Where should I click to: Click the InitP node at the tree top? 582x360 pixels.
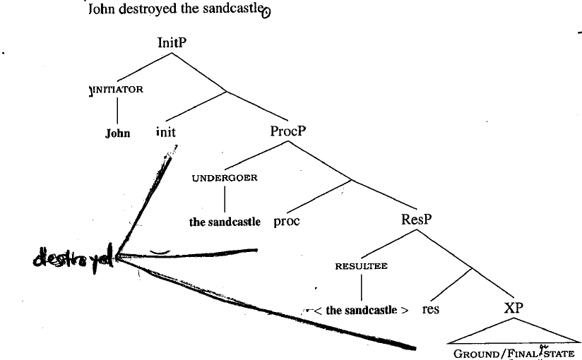click(172, 43)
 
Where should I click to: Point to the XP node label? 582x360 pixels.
click(513, 308)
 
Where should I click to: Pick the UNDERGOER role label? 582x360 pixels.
click(225, 178)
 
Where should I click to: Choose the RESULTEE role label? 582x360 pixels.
click(362, 267)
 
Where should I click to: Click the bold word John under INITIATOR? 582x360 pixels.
click(118, 133)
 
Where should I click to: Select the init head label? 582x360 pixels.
click(165, 132)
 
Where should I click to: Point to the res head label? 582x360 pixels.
click(430, 309)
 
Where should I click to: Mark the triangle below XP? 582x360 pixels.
click(513, 332)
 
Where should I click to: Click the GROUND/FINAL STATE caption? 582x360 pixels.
click(513, 354)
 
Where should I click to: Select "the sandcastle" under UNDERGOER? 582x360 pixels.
click(225, 222)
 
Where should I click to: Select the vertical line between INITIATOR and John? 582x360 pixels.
click(117, 111)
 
